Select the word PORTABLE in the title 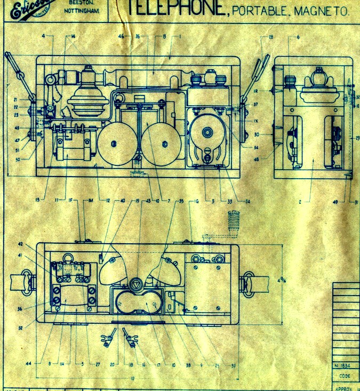pyautogui.click(x=262, y=12)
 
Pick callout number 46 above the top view pyautogui.click(x=122, y=36)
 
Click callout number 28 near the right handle pyautogui.click(x=271, y=36)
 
